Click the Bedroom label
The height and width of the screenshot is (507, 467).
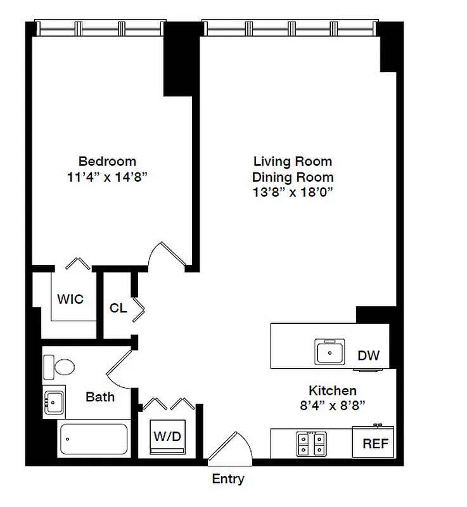tap(107, 161)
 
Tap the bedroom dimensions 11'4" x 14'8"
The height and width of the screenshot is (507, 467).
tap(107, 177)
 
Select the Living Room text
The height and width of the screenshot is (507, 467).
tap(293, 161)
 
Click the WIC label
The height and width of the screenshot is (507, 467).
tap(70, 299)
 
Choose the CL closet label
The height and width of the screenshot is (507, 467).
tap(118, 309)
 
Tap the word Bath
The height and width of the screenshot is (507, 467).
tap(100, 397)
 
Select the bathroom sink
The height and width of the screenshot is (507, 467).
tap(53, 400)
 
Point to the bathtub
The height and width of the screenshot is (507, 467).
tap(93, 437)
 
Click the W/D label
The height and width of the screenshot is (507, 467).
tap(167, 437)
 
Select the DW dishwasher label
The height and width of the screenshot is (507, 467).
tap(369, 356)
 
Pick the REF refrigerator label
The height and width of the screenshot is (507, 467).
tap(375, 444)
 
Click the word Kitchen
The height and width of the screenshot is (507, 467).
tap(332, 390)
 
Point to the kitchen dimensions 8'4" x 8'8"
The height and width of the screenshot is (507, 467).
tap(332, 405)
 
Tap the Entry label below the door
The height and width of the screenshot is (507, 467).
tap(228, 479)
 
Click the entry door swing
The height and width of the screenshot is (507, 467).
tap(228, 447)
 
